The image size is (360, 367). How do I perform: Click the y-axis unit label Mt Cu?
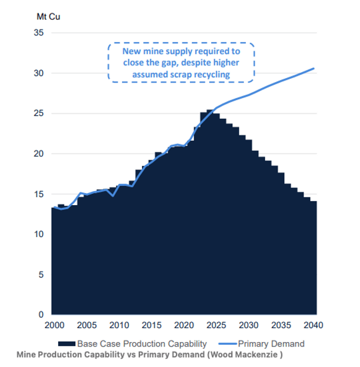coord(48,16)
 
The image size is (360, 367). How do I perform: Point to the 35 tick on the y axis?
coord(39,33)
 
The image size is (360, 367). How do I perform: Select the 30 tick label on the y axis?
coord(39,73)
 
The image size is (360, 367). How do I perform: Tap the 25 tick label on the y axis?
coord(39,114)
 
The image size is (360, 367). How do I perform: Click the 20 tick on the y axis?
coord(39,154)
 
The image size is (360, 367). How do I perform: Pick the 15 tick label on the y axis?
coord(39,194)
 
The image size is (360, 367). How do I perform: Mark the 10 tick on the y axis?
coord(39,234)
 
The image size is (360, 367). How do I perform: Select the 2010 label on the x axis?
coord(118,325)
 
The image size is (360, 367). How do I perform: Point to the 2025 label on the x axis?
coord(217,325)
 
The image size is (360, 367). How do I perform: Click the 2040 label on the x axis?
coord(315,325)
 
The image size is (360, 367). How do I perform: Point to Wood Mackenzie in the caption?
coord(250,354)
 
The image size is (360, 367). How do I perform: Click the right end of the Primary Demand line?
coord(314,69)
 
